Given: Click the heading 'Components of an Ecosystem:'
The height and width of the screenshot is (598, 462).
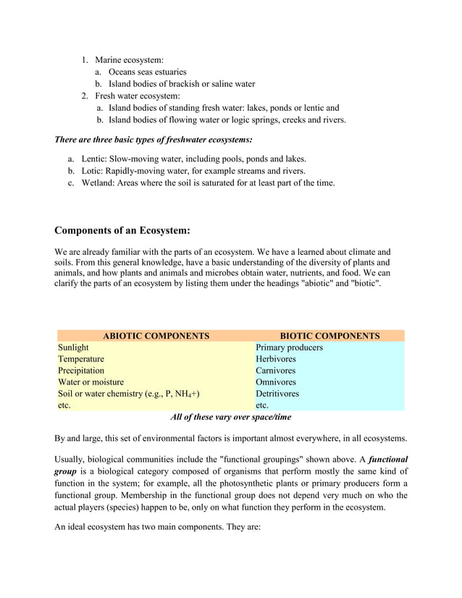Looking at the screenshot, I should pos(122,231).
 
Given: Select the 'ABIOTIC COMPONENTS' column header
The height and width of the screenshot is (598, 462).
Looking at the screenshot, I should pos(156,336).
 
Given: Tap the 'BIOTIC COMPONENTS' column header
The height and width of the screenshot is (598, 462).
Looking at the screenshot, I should pos(329,336).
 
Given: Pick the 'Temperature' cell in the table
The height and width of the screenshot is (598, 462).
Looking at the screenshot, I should pos(81,359).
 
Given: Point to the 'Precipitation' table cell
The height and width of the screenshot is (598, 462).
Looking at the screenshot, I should pos(81,371).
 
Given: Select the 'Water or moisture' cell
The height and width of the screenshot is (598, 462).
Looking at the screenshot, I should pos(91,382).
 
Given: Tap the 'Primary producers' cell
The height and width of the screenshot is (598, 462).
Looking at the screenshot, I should pos(289,348).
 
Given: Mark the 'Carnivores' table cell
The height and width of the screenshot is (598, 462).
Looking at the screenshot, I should pos(276,371).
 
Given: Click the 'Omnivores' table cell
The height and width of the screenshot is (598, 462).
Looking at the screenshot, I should pos(276,382).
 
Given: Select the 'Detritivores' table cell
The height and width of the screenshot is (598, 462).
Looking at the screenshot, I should pos(277,394).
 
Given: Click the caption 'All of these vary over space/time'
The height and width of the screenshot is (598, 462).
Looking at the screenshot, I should pos(230,418).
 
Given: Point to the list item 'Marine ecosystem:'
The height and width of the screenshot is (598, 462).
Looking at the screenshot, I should pos(129,60).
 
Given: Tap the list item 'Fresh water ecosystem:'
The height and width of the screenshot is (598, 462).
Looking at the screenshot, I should pos(138,96).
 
